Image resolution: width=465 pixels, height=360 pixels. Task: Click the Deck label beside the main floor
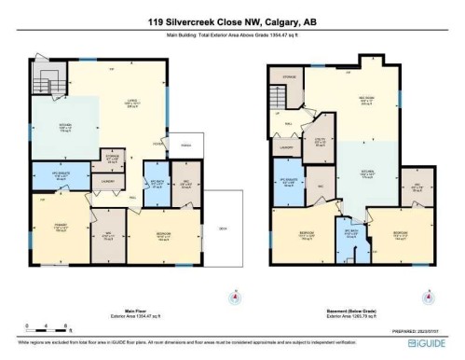tap(222, 230)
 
